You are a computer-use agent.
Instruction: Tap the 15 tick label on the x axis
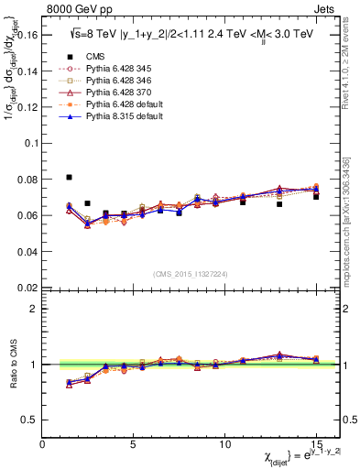tap(316, 444)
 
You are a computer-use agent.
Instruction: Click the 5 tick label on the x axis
tap(134, 444)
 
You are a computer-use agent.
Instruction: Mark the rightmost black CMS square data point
tap(316, 196)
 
